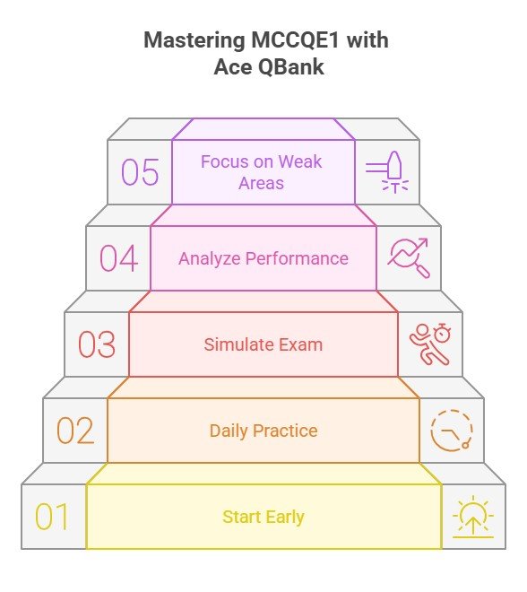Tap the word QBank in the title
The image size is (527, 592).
pyautogui.click(x=291, y=67)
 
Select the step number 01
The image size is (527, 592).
pyautogui.click(x=52, y=517)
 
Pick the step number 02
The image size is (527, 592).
pyautogui.click(x=75, y=431)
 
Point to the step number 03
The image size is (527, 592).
pyautogui.click(x=97, y=344)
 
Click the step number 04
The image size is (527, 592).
pyautogui.click(x=118, y=258)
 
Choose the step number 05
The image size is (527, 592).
pyautogui.click(x=140, y=172)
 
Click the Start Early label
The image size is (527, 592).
pyautogui.click(x=263, y=518)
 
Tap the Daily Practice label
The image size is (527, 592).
pyautogui.click(x=263, y=431)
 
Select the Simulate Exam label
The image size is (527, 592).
pyautogui.click(x=263, y=344)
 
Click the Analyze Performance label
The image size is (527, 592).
pyautogui.click(x=263, y=258)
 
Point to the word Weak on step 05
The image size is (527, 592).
pyautogui.click(x=300, y=161)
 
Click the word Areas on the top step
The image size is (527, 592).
pyautogui.click(x=261, y=183)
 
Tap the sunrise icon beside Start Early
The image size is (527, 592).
pyautogui.click(x=473, y=517)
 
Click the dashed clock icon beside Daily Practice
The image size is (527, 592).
pyautogui.click(x=452, y=431)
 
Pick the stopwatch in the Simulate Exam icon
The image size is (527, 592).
pyautogui.click(x=442, y=333)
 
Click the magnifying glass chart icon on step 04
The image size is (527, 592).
pyautogui.click(x=409, y=257)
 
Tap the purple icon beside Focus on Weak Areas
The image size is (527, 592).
pyautogui.click(x=387, y=172)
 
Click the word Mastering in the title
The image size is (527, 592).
pyautogui.click(x=194, y=39)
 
